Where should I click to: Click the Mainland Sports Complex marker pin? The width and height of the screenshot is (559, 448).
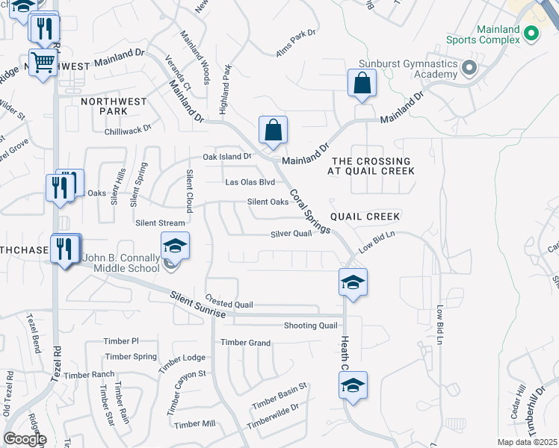tap(531, 34)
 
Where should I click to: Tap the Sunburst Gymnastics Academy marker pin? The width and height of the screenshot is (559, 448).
tap(469, 69)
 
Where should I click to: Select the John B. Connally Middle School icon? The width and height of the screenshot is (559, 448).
tap(175, 246)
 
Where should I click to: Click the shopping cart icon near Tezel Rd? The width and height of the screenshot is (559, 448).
tap(43, 63)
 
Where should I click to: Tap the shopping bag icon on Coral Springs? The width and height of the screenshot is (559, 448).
tap(274, 130)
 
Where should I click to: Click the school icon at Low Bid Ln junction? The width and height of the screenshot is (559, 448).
tap(353, 282)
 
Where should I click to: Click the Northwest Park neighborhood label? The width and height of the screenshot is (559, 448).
tap(110, 105)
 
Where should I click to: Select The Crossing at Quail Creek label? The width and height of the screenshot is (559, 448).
tap(371, 166)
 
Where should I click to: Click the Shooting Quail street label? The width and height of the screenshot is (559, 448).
tap(311, 326)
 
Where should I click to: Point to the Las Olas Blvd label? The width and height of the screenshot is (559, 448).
tap(250, 182)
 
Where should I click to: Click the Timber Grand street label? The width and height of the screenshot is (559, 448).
tap(245, 343)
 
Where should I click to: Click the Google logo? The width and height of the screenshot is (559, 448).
tap(25, 439)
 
